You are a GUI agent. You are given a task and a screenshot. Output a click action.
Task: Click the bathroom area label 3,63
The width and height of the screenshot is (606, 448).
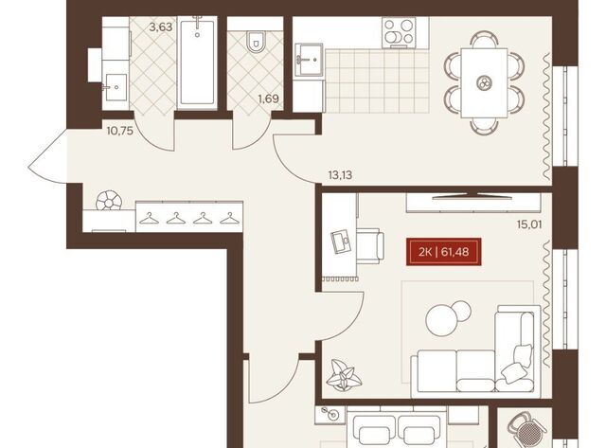[x=161, y=27]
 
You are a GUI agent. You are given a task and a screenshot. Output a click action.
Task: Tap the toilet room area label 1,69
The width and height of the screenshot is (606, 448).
[x=269, y=99]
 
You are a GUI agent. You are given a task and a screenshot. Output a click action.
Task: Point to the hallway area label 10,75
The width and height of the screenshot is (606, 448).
[x=120, y=131]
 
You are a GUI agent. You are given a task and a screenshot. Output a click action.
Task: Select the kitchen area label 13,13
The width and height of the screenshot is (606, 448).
[x=340, y=175]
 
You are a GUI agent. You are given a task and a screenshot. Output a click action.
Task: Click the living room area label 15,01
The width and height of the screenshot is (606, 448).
[x=529, y=224]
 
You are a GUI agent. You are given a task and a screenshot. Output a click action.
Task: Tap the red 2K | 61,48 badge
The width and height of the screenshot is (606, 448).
[x=444, y=252]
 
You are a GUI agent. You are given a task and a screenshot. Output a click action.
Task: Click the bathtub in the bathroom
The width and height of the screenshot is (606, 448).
[x=197, y=62]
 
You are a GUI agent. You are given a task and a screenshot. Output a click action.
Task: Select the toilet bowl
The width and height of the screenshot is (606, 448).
[x=255, y=42]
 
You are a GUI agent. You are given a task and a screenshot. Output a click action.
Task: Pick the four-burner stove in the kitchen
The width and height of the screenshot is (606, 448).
[x=399, y=32]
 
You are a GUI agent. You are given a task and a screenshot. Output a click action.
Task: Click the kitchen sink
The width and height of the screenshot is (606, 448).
[x=309, y=60]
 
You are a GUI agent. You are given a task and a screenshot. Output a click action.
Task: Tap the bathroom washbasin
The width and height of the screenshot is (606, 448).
[x=116, y=87]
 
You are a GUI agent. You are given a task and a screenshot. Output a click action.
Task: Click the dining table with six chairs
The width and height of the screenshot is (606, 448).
[x=484, y=82]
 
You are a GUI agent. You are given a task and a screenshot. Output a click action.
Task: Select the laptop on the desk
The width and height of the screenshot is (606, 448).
[x=341, y=242]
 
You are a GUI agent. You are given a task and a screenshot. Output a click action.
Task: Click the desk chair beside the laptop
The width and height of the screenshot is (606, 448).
[x=370, y=246]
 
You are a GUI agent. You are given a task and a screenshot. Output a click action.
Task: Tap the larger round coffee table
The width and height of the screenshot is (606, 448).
[x=440, y=319]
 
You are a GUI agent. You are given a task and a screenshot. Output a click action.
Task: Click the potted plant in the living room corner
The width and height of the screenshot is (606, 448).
[x=344, y=374]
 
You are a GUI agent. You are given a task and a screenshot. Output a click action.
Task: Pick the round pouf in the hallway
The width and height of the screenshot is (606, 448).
[x=109, y=200]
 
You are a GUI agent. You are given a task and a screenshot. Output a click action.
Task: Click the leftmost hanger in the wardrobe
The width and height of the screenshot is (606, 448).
[x=150, y=219]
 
